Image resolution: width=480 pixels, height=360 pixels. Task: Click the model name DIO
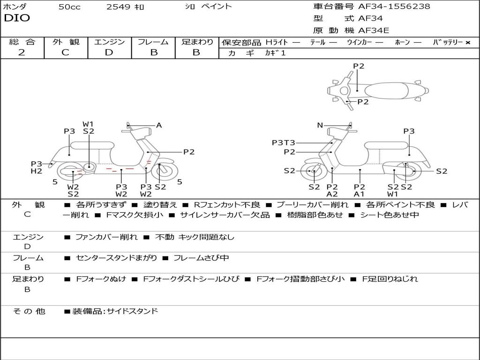pyautogui.click(x=17, y=18)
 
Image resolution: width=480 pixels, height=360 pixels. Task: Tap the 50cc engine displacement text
pyautogui.click(x=69, y=7)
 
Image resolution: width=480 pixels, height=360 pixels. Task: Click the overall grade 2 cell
pyautogui.click(x=22, y=52)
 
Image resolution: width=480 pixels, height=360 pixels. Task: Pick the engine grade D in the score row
pyautogui.click(x=109, y=52)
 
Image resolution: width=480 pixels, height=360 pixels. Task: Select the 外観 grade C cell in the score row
pyautogui.click(x=65, y=52)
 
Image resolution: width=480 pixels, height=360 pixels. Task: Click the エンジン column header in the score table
pyautogui.click(x=109, y=42)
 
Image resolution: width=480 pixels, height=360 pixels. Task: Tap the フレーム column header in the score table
pyautogui.click(x=153, y=42)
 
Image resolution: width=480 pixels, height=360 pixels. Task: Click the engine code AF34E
pyautogui.click(x=374, y=31)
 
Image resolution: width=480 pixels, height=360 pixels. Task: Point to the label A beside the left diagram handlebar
pyautogui.click(x=159, y=125)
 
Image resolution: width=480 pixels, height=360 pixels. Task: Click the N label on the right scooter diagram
pyautogui.click(x=320, y=125)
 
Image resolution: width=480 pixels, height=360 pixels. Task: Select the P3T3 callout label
pyautogui.click(x=283, y=143)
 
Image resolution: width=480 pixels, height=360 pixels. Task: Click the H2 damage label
pyautogui.click(x=37, y=171)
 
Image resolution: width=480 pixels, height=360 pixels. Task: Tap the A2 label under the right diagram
pyautogui.click(x=332, y=194)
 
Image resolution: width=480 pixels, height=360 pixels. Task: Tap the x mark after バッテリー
pyautogui.click(x=467, y=43)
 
